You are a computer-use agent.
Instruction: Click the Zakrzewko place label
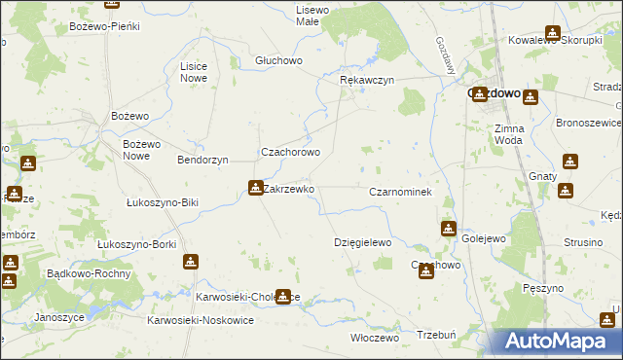pos(289,190)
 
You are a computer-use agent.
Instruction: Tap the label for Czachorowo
pos(289,153)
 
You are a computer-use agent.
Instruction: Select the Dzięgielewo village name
pos(362,242)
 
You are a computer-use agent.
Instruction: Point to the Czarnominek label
pos(400,193)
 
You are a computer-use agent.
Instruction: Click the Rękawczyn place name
pos(366,81)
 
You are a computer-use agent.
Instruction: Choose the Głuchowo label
pos(279,60)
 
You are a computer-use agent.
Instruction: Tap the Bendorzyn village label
pos(202,159)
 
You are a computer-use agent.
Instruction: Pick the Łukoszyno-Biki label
pos(163,203)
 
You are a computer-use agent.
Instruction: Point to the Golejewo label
pos(484,238)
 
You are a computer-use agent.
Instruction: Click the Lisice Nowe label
pos(194,71)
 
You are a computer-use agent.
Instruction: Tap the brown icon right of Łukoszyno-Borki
pos(190,261)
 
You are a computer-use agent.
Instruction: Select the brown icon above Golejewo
pos(448,229)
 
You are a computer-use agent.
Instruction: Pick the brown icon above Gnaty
pos(568,162)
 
